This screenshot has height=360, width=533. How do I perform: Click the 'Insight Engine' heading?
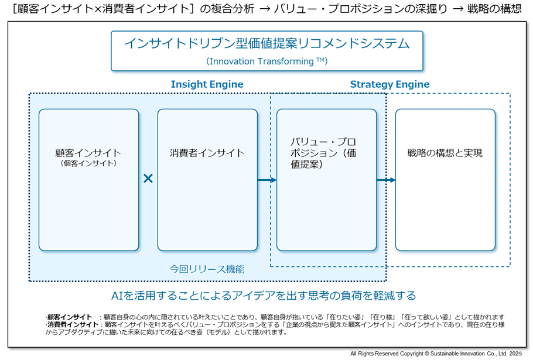(x=207, y=84)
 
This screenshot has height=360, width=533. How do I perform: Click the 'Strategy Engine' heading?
(x=389, y=84)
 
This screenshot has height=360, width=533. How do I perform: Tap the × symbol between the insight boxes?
(x=148, y=179)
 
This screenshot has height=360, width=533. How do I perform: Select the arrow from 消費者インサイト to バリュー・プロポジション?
(x=266, y=180)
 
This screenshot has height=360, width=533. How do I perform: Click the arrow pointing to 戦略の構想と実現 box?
(x=385, y=180)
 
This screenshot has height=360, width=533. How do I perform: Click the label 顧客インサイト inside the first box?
(x=88, y=153)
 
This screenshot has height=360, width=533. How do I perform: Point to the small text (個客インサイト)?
(x=88, y=163)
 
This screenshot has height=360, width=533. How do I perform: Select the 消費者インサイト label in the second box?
(x=207, y=153)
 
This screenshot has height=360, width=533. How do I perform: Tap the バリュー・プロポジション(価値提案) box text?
(x=323, y=153)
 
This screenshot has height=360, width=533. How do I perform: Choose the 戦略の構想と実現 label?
(x=445, y=153)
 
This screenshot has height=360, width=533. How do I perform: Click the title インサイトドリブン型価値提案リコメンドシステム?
(x=266, y=44)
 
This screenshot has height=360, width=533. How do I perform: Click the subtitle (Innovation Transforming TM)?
(x=266, y=61)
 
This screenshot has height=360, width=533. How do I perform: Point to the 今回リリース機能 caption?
(x=207, y=269)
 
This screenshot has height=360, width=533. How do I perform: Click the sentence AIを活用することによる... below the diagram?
(x=264, y=295)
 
